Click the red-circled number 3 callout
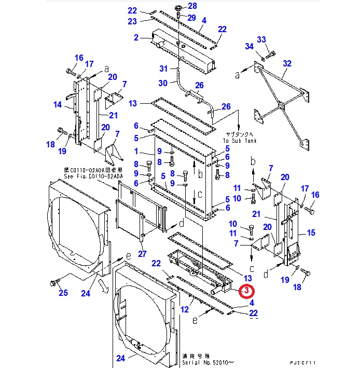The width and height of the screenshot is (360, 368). (x=247, y=291)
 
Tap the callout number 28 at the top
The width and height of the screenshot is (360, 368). (x=192, y=6)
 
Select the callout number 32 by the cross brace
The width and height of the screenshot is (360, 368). (x=287, y=64)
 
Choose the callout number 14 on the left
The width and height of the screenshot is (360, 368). (x=58, y=104)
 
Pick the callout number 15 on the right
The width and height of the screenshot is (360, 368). (x=311, y=233)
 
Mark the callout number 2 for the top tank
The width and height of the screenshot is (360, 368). (x=136, y=37)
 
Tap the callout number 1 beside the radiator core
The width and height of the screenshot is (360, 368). (x=136, y=152)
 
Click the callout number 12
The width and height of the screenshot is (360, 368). (x=184, y=310)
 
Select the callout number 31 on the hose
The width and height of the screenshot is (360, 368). (x=163, y=69)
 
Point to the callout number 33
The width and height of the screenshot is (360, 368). (x=261, y=39)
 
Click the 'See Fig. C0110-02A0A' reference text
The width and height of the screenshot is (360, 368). (x=93, y=176)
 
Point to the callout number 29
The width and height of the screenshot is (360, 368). (x=191, y=18)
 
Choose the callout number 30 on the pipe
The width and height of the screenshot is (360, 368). (x=163, y=83)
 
